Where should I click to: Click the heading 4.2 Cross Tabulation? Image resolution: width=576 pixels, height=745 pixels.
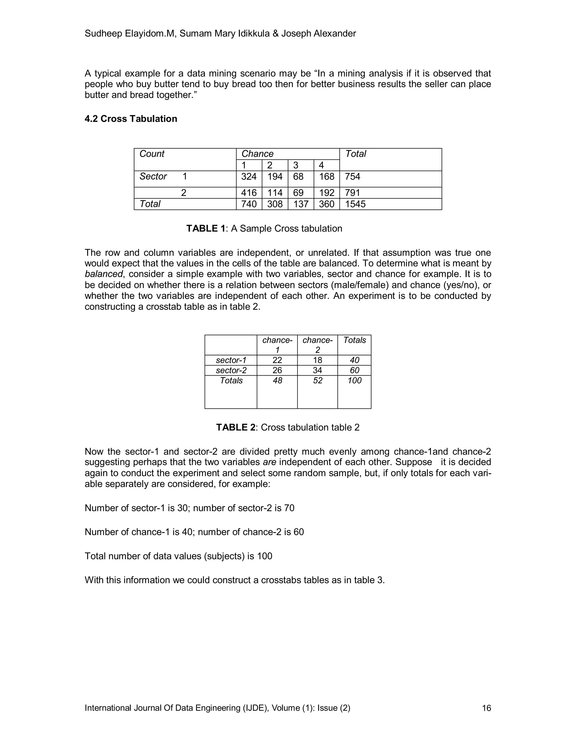(x=131, y=119)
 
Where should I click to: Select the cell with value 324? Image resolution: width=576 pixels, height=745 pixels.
(x=249, y=177)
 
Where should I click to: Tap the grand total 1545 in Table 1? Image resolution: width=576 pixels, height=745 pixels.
(x=355, y=204)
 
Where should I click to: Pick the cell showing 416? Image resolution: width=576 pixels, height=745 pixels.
(x=249, y=193)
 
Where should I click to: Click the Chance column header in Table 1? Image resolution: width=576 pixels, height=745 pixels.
(x=257, y=154)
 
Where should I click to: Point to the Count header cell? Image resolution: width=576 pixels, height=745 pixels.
(x=152, y=154)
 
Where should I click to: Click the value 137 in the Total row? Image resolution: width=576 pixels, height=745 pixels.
(x=301, y=204)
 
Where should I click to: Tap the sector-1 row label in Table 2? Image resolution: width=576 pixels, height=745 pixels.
(x=231, y=360)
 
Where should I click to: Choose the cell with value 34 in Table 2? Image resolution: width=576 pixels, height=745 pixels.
(x=317, y=371)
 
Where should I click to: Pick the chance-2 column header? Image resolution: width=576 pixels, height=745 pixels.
(x=317, y=345)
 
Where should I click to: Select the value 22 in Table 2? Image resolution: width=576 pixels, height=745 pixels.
(x=277, y=360)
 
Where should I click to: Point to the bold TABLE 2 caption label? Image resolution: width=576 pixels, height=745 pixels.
(x=235, y=427)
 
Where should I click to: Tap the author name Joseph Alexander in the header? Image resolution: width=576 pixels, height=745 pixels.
(x=318, y=33)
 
